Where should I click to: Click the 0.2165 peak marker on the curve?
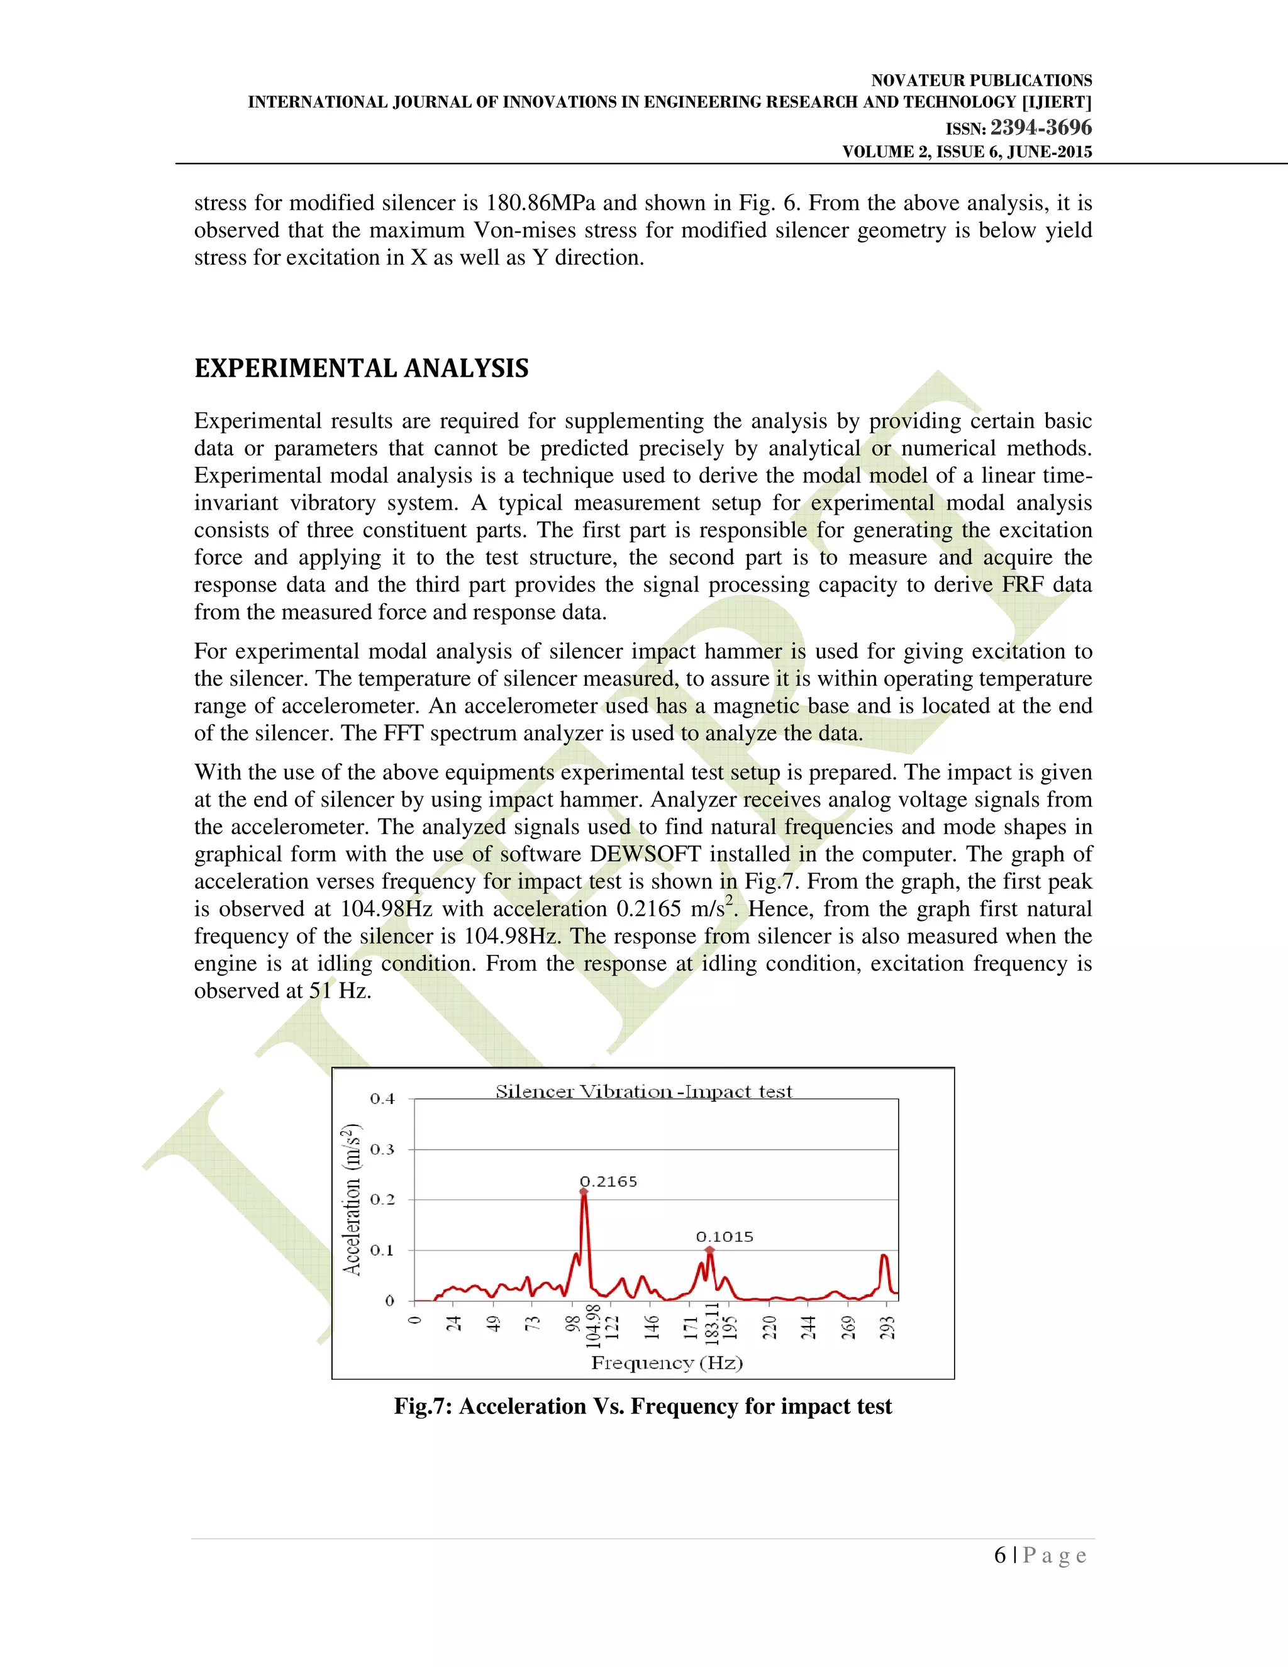click(x=584, y=1191)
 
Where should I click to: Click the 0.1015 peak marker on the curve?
click(x=709, y=1251)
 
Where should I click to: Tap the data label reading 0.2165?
click(x=608, y=1181)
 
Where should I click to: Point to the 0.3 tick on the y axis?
click(x=382, y=1149)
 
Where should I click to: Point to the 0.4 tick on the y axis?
click(x=382, y=1099)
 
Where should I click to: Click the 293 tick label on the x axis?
click(x=887, y=1327)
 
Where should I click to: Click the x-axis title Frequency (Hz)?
click(x=667, y=1363)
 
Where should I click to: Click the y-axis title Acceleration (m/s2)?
click(x=352, y=1199)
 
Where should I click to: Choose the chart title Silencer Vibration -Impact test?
click(x=643, y=1091)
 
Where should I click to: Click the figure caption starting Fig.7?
click(x=643, y=1406)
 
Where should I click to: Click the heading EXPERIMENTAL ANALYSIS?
click(x=361, y=369)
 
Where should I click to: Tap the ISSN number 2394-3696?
click(x=1041, y=128)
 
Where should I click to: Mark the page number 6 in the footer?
click(x=999, y=1555)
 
